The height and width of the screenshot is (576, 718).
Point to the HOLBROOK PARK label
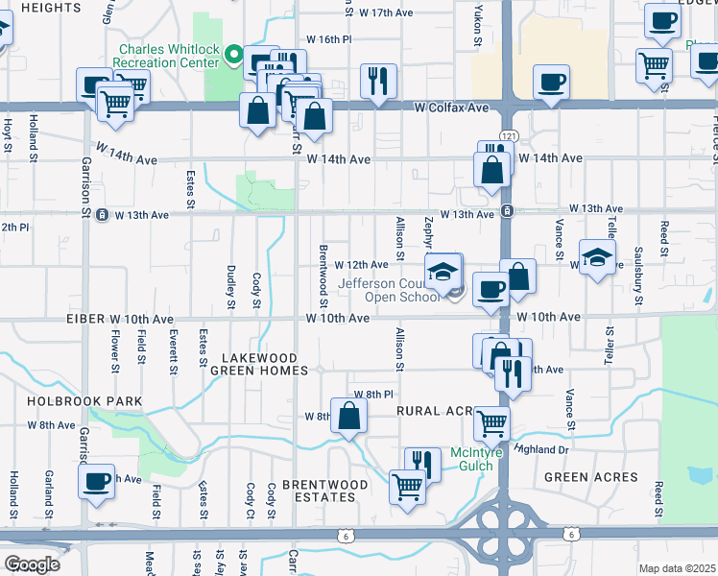tap(84, 401)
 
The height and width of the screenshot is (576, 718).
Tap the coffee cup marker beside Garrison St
tap(97, 481)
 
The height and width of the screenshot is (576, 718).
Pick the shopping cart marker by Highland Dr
tap(491, 421)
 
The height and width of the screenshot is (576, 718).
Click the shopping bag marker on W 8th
tap(349, 415)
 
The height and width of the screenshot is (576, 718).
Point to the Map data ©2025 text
tap(676, 568)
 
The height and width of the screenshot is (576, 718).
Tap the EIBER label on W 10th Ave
tap(85, 318)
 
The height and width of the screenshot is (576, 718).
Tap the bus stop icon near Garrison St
tap(102, 215)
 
